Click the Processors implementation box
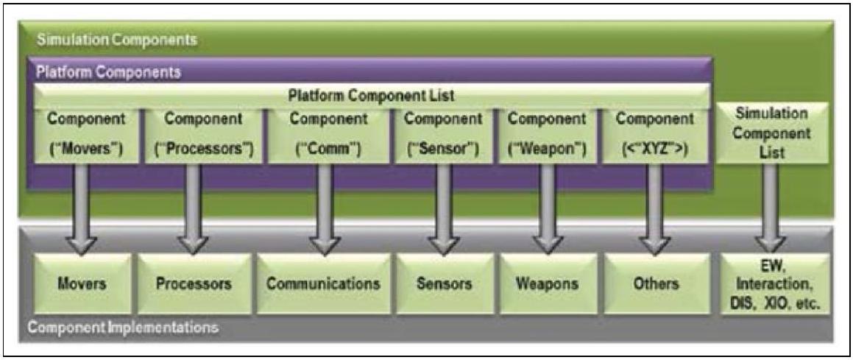(x=194, y=283)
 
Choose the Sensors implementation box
(x=443, y=283)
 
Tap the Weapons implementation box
(x=547, y=283)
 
